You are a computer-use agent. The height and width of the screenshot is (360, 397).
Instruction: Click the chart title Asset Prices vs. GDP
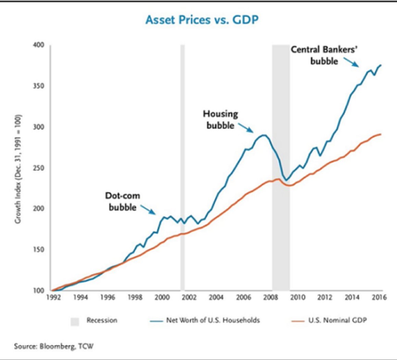tap(202, 20)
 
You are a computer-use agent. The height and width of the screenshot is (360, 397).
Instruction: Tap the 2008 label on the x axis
tap(271, 297)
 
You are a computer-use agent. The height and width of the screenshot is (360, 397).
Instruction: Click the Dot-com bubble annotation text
tap(123, 202)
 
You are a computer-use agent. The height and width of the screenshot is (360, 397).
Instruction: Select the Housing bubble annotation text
tap(220, 119)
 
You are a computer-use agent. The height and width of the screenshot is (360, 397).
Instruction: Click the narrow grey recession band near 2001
tap(182, 168)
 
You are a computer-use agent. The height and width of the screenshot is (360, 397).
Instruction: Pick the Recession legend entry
tap(94, 321)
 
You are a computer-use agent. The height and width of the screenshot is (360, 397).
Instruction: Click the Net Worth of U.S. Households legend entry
tap(205, 321)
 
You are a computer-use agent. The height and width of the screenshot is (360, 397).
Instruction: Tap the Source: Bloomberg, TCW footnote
tap(54, 346)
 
